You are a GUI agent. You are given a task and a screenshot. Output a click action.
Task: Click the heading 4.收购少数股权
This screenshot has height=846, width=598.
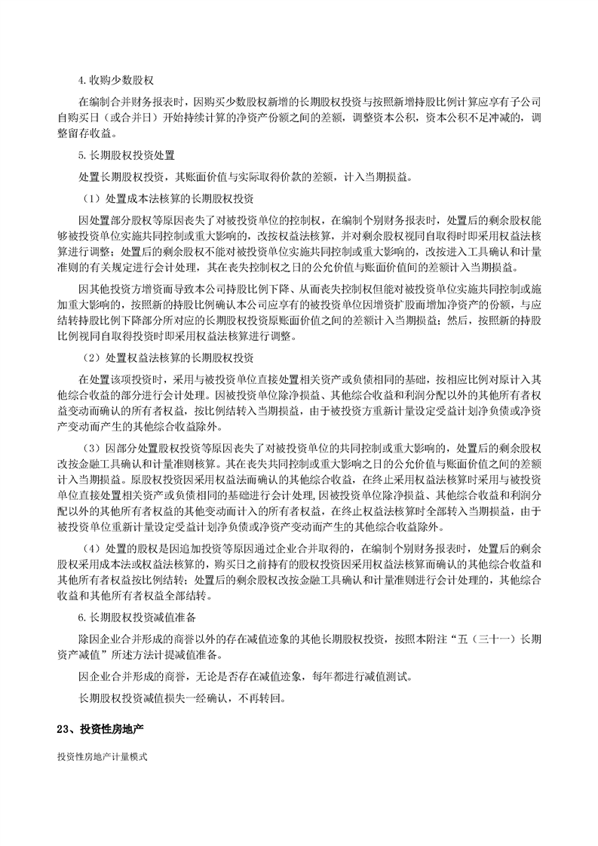pos(116,82)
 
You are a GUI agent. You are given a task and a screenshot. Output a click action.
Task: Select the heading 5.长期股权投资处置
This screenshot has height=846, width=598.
pos(127,156)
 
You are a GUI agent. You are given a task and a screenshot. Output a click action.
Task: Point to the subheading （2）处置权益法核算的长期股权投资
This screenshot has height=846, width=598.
pos(167,356)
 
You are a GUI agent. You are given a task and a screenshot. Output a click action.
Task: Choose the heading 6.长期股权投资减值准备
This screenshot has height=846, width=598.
pos(137,618)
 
